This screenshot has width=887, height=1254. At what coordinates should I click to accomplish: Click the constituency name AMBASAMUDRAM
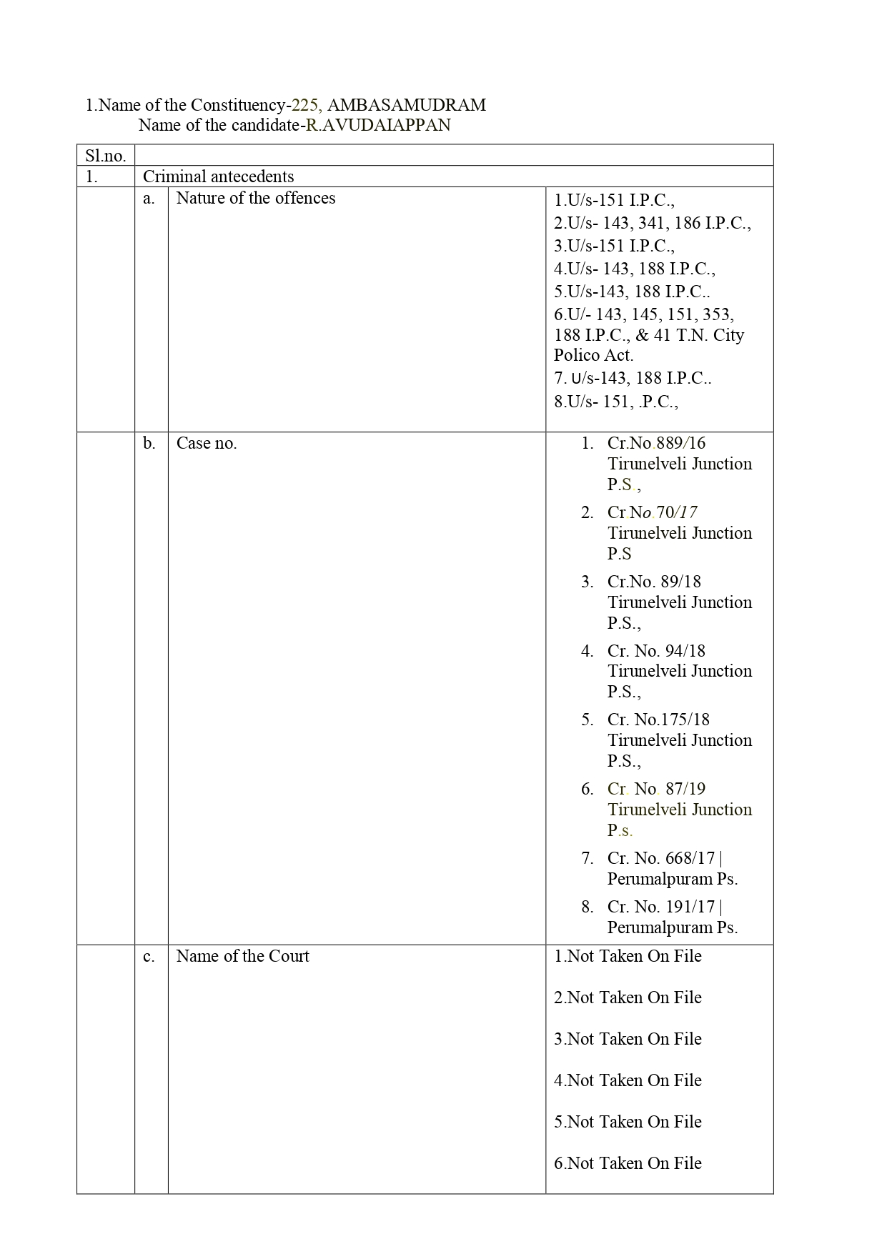[406, 105]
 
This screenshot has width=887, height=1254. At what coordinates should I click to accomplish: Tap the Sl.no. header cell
[105, 156]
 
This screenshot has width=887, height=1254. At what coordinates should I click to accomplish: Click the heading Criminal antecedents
[218, 176]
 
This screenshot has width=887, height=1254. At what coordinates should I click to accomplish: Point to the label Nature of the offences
[255, 198]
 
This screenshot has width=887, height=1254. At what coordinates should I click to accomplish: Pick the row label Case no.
[206, 443]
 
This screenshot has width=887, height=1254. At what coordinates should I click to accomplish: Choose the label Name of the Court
[242, 956]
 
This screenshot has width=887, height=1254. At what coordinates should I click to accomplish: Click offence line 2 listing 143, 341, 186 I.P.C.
[652, 223]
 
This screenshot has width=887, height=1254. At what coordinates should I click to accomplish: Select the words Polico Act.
[593, 355]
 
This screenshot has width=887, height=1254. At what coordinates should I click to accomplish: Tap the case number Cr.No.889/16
[656, 443]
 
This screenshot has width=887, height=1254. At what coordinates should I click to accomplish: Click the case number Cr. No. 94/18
[656, 651]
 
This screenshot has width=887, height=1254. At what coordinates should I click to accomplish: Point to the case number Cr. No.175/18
[658, 720]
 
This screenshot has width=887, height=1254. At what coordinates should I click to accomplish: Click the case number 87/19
[685, 789]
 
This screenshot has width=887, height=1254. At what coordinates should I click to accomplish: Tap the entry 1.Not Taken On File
[628, 956]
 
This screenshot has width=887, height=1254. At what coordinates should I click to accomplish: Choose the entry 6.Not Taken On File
[628, 1163]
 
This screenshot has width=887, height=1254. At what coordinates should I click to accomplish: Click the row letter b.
[149, 443]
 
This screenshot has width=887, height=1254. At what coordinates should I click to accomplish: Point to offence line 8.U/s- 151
[615, 402]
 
